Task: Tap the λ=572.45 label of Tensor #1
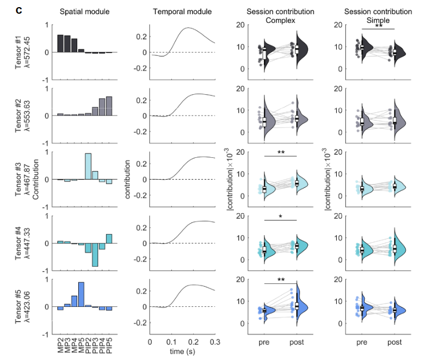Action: coord(27,52)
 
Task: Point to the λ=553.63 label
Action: coord(27,115)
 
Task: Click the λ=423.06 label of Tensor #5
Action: coord(27,306)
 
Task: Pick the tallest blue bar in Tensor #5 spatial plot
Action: coord(81,294)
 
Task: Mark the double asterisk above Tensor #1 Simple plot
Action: coord(378,26)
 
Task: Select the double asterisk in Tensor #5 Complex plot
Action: coord(280,281)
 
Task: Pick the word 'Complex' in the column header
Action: coord(280,20)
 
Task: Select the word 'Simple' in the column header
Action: coord(377,20)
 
